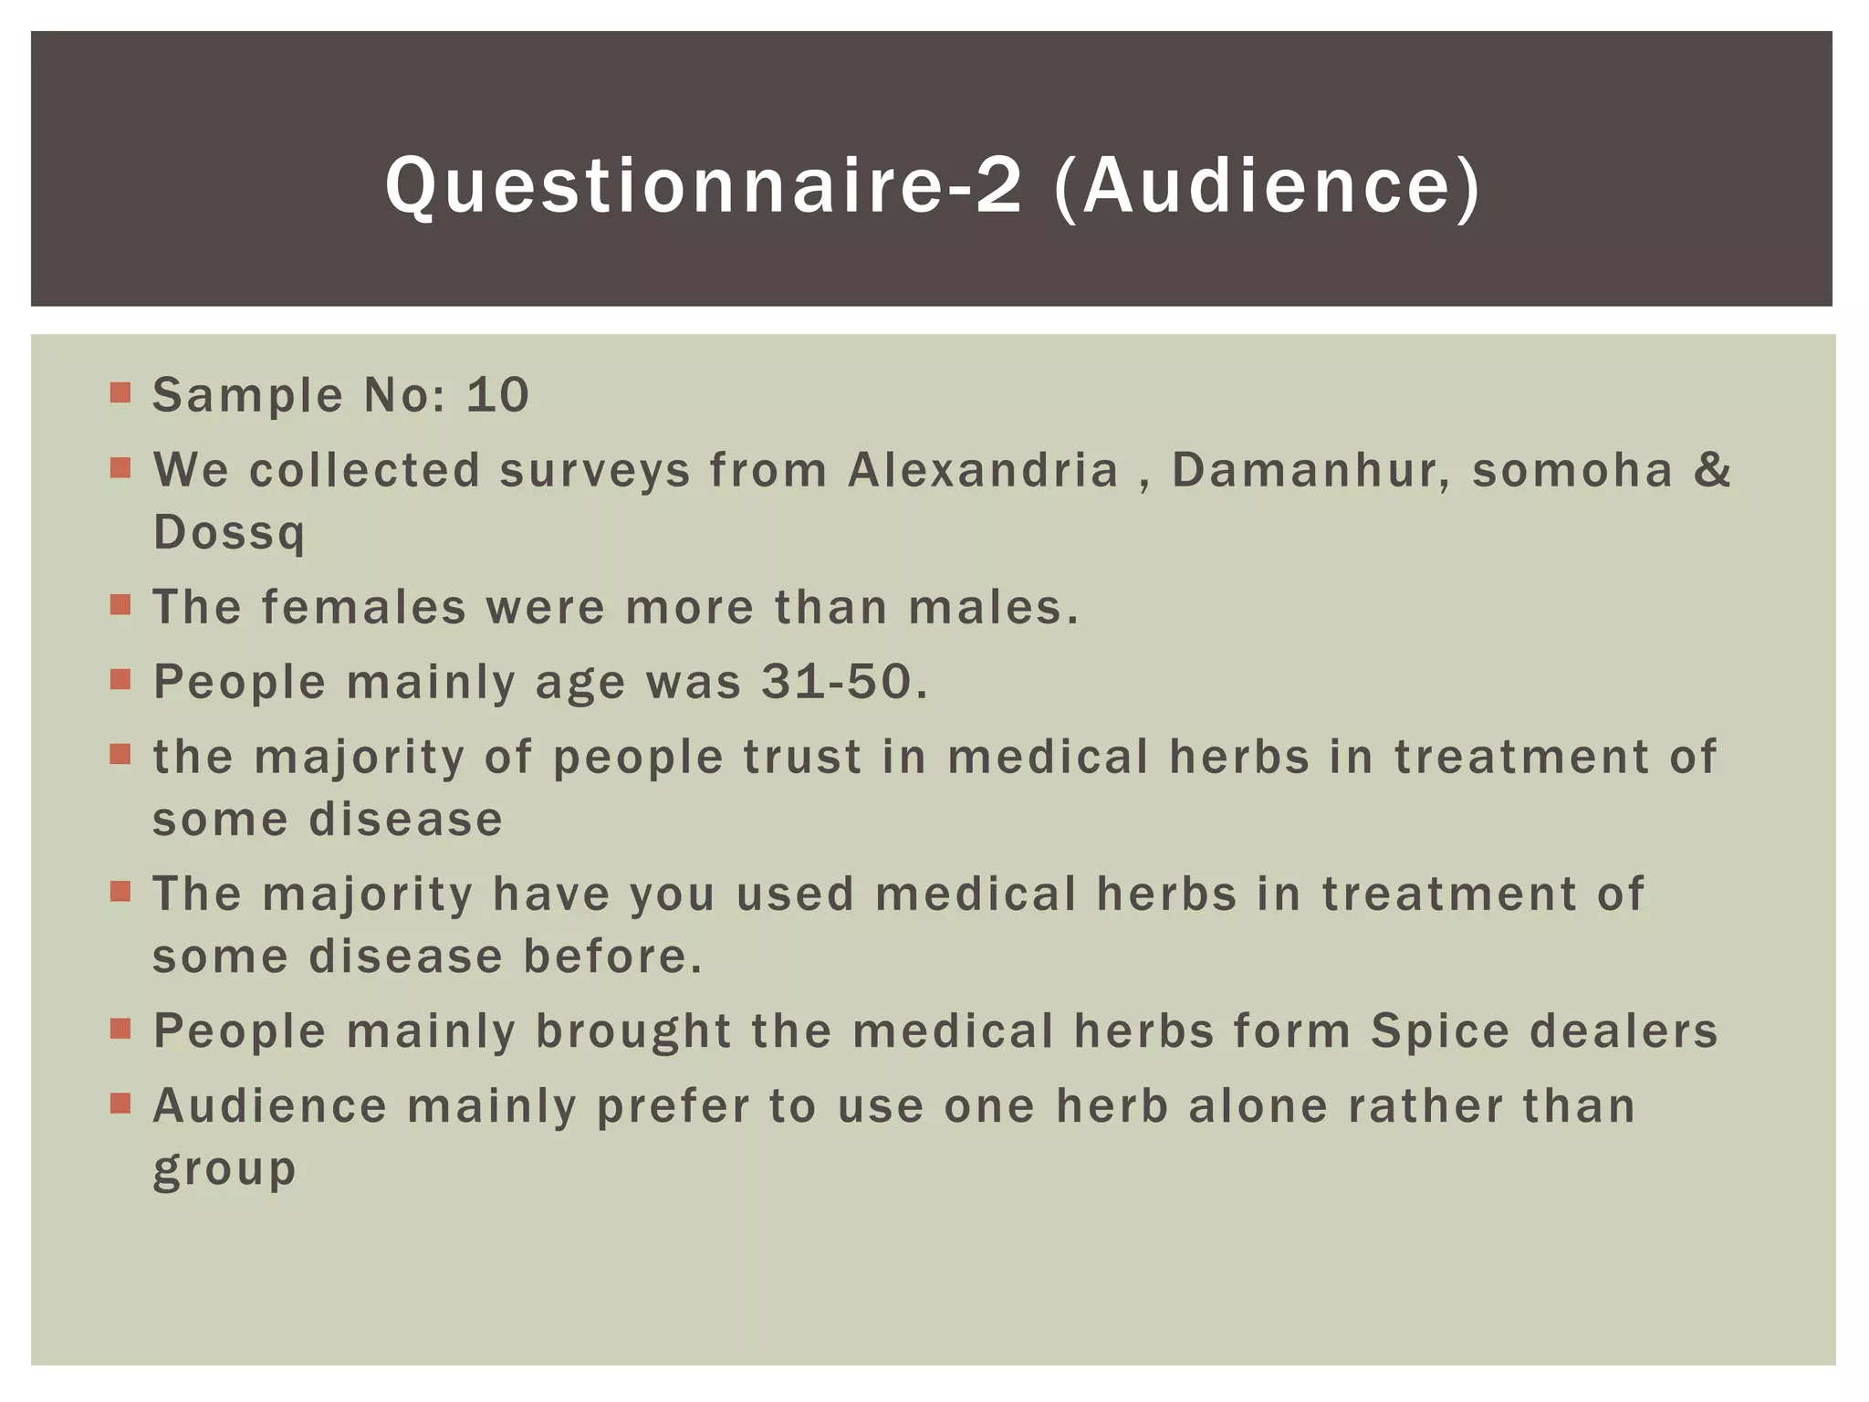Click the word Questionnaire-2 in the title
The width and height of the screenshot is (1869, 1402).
coord(703,186)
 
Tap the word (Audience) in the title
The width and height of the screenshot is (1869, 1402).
coord(1267,186)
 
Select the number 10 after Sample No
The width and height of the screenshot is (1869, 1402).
coord(497,395)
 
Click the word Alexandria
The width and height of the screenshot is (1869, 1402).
coord(983,470)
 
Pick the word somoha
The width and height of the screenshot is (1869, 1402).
coord(1572,470)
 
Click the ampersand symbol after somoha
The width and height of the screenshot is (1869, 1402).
coord(1712,470)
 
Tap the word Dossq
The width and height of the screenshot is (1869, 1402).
coord(228,532)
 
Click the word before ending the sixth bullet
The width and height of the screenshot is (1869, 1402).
coord(612,957)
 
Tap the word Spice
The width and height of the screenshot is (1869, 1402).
coord(1440,1031)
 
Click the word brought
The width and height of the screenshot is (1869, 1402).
coord(633,1031)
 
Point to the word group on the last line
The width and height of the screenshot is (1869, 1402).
coord(224,1170)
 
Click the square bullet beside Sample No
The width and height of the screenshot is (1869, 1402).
coord(120,393)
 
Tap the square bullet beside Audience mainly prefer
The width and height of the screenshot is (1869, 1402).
coord(120,1104)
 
